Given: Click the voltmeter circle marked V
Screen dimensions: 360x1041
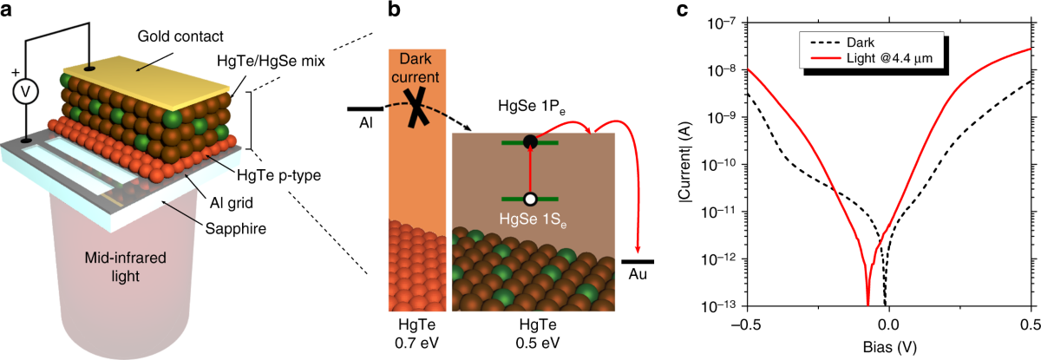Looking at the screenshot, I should tap(17, 93).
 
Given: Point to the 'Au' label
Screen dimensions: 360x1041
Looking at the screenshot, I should tap(638, 275).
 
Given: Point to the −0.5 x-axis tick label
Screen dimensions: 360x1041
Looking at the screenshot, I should tap(745, 324).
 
